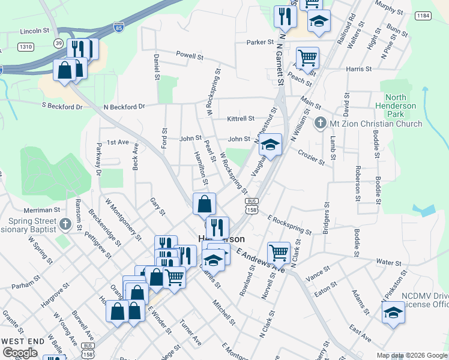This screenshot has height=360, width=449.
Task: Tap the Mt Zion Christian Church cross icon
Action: coord(320,124)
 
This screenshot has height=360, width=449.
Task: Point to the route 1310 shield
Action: coord(26,46)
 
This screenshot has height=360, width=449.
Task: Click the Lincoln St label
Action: coord(34,31)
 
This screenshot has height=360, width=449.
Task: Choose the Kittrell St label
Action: coord(241,119)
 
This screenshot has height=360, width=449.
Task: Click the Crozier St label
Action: coord(312,158)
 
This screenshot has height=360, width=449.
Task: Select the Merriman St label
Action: coord(42,211)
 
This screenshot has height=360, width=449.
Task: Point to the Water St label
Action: coord(388,262)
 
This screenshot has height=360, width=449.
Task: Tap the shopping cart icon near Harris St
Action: coord(307,58)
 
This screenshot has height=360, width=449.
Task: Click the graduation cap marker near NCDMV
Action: coord(393,313)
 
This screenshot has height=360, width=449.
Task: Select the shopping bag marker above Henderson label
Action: coord(204,203)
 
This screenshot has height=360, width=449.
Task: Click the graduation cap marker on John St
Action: coord(271,145)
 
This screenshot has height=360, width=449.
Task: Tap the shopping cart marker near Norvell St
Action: coord(279,252)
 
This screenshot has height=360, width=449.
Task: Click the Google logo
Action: coord(20,353)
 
